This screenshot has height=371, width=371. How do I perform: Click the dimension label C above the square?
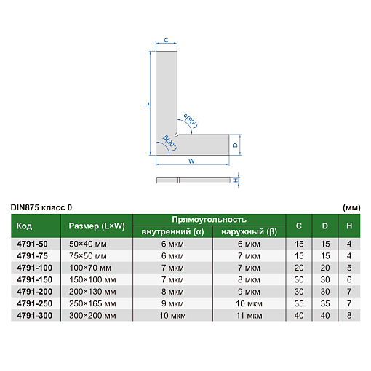(166, 40)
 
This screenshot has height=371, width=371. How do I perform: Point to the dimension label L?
(147, 104)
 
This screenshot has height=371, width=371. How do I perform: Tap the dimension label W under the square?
(191, 161)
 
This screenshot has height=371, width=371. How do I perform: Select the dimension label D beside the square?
(235, 145)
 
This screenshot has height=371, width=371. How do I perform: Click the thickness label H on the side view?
(235, 180)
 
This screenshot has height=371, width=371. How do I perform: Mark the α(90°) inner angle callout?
(191, 121)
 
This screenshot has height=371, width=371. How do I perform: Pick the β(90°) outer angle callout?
(170, 143)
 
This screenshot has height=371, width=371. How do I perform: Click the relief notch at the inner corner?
(177, 135)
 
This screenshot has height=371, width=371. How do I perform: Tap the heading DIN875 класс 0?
(41, 207)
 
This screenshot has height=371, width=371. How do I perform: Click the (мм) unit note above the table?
(351, 208)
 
